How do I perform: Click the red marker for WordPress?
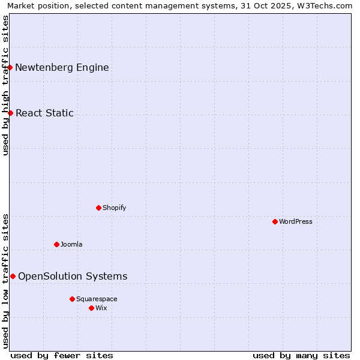point(275,221)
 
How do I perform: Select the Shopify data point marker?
point(98,208)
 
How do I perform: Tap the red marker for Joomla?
point(56,244)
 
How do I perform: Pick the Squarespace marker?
point(72,299)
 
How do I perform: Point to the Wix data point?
point(91,308)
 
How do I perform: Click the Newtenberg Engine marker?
point(10,67)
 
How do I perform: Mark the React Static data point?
point(10,113)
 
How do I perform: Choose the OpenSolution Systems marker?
point(13,276)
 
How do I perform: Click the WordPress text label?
point(296,221)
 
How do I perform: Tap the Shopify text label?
point(114,208)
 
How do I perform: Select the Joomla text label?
point(71,244)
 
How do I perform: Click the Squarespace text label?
point(97,299)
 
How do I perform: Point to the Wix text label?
point(101,308)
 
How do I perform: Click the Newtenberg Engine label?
point(62,67)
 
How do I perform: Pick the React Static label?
point(44,113)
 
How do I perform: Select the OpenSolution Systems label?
point(73,276)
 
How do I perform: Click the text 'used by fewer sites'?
point(62,355)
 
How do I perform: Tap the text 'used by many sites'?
point(301,355)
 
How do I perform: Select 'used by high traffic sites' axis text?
point(5,85)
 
